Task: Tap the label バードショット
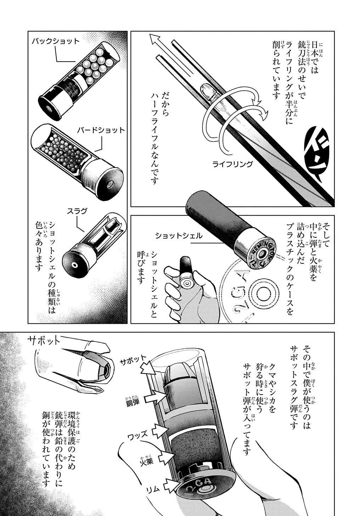[101, 130]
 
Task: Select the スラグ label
[77, 211]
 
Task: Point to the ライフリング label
[232, 164]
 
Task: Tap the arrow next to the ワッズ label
[161, 431]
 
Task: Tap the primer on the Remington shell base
[262, 254]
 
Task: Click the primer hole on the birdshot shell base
[109, 184]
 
